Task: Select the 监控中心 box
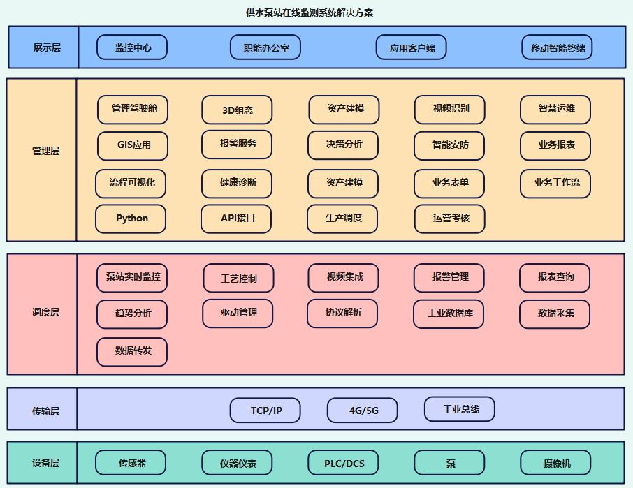[132, 47]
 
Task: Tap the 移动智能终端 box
[557, 47]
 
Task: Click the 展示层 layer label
[47, 47]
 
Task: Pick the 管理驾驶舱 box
[133, 109]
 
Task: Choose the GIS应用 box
[133, 146]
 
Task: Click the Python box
[131, 219]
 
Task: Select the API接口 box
[236, 219]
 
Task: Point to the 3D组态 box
[237, 110]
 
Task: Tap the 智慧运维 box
[555, 109]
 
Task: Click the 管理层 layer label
[45, 151]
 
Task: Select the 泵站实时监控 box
[132, 277]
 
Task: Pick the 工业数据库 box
[449, 313]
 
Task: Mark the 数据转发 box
[132, 351]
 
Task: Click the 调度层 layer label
[45, 313]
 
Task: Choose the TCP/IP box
[265, 411]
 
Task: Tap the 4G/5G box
[363, 411]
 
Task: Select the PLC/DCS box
[343, 463]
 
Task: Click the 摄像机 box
[555, 463]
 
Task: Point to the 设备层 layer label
[45, 463]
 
